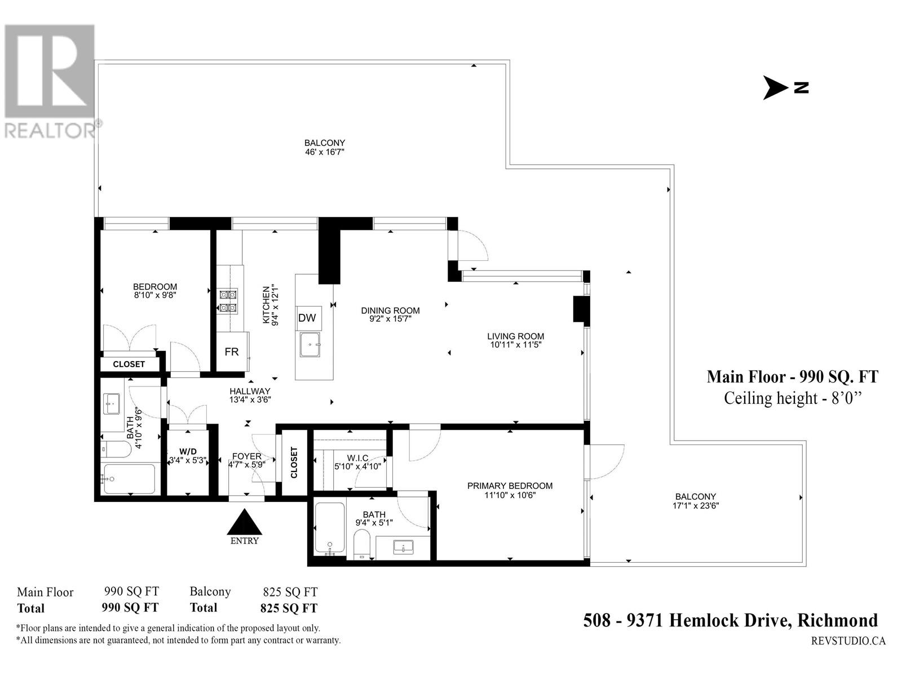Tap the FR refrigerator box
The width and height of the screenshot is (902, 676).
click(232, 352)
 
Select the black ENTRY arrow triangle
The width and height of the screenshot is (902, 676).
click(245, 522)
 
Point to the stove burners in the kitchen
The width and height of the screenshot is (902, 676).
click(228, 301)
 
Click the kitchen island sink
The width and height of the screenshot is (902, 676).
click(310, 345)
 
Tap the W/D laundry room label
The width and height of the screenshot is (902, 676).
click(188, 452)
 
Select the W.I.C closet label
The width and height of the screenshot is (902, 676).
click(357, 458)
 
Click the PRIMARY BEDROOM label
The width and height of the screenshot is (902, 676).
click(510, 486)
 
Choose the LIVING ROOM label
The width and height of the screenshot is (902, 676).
click(515, 336)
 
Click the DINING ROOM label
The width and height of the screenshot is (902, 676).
click(390, 311)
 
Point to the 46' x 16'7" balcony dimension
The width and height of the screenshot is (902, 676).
click(324, 152)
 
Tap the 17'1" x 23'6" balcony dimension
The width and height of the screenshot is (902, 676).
click(696, 506)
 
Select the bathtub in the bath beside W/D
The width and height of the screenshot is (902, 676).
click(129, 479)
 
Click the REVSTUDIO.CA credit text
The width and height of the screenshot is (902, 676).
click(848, 641)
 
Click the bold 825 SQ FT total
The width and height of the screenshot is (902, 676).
click(289, 608)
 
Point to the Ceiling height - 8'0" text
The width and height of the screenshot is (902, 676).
click(792, 398)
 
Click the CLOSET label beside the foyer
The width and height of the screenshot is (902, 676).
click(294, 462)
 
